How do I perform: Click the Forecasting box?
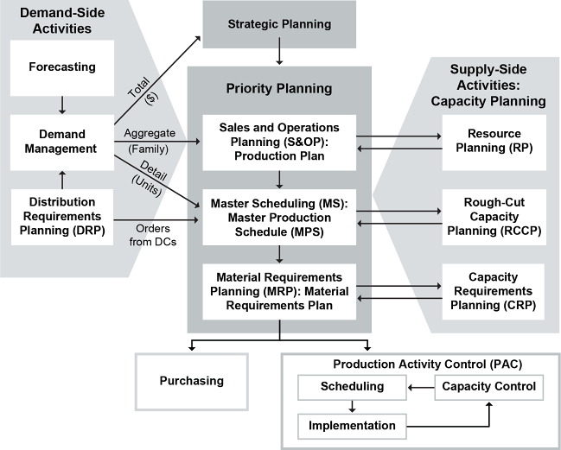[62, 67]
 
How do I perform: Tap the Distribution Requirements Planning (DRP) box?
[62, 212]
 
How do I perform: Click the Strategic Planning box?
[278, 24]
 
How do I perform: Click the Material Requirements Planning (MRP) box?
[279, 290]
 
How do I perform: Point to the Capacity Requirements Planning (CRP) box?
[493, 291]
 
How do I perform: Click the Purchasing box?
[192, 380]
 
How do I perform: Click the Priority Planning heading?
[278, 88]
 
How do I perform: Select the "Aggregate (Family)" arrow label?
[152, 141]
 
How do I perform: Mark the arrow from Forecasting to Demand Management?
[62, 103]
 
